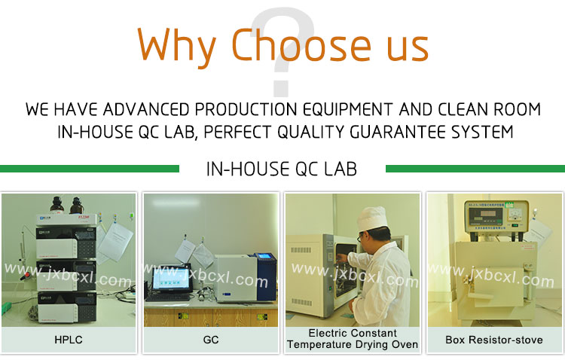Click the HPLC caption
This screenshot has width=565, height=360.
(x=69, y=340)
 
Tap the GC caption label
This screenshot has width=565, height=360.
(x=211, y=340)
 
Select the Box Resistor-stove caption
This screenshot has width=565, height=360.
(x=494, y=340)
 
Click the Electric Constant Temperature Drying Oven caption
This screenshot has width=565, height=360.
(x=352, y=339)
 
